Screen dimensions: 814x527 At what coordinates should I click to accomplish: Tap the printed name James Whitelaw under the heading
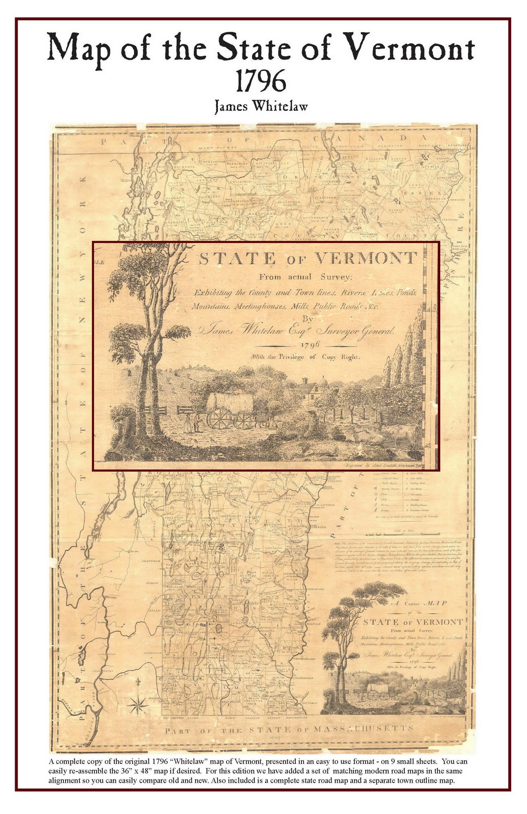261,106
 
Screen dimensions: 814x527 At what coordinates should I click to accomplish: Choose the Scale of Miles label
404,532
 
